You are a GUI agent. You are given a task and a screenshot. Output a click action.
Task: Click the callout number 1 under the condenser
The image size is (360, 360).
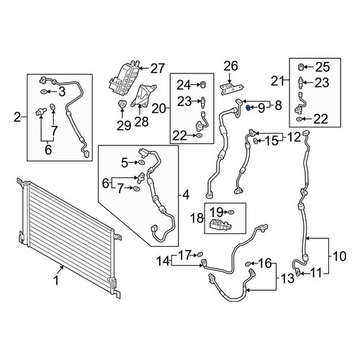pyautogui.click(x=56, y=281)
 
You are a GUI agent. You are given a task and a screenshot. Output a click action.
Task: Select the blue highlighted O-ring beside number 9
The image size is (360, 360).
pyautogui.click(x=248, y=109)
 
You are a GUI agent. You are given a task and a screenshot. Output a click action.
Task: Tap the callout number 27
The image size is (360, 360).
pyautogui.click(x=158, y=68)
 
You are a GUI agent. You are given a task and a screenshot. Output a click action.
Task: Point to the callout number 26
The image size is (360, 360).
pyautogui.click(x=230, y=66)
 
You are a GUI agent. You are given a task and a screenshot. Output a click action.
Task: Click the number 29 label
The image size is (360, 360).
pyautogui.click(x=124, y=126)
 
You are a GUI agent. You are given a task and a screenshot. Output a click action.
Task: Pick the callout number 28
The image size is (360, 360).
pyautogui.click(x=142, y=122)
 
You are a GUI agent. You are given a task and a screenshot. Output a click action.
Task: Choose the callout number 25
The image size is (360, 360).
pyautogui.click(x=323, y=67)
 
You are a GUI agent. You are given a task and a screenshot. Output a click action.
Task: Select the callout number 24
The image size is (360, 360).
pyautogui.click(x=184, y=85)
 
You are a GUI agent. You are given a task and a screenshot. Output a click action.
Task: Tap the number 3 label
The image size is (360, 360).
pyautogui.click(x=62, y=91)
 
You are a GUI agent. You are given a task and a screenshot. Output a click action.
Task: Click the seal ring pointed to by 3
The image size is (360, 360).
pyautogui.click(x=44, y=91)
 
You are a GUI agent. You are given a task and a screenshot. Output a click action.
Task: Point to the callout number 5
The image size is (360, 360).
pyautogui.click(x=125, y=163)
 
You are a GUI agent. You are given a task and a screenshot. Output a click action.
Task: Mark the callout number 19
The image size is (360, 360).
pyautogui.click(x=217, y=212)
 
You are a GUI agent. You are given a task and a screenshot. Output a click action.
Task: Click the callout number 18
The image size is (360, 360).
pyautogui.click(x=197, y=218)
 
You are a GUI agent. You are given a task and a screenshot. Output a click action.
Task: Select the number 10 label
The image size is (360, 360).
pyautogui.click(x=339, y=256)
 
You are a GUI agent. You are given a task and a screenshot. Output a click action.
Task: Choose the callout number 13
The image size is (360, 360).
pyautogui.click(x=287, y=279)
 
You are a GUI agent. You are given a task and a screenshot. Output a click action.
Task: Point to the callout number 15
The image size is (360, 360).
pyautogui.click(x=271, y=141)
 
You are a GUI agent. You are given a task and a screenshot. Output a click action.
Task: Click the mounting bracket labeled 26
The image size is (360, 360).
pyautogui.click(x=231, y=89)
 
